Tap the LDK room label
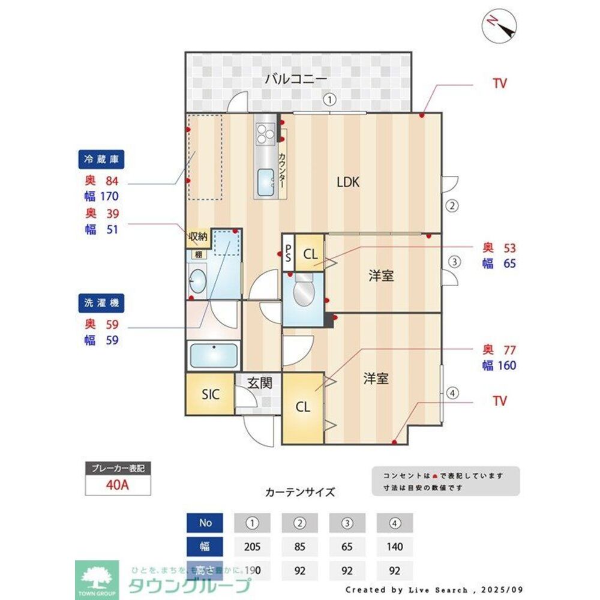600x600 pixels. [347, 182]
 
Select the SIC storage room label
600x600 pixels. [211, 394]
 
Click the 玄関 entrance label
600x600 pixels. [260, 383]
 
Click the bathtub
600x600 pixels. [213, 356]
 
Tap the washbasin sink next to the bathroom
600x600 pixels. [196, 280]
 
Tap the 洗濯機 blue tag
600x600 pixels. [101, 304]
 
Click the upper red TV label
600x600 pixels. [499, 83]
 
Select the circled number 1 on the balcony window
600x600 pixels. [329, 100]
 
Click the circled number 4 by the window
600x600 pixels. [452, 394]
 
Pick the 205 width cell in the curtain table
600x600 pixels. [253, 547]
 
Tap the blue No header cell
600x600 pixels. [205, 523]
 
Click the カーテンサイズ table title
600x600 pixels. [299, 492]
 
